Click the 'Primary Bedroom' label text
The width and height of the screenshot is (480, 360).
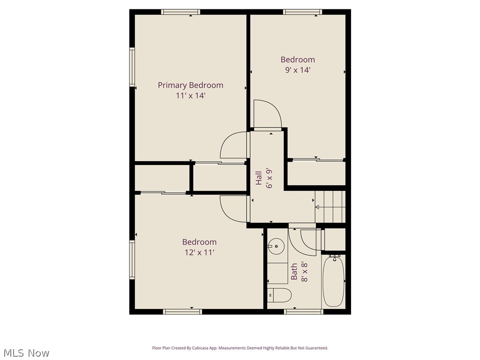point(190,85)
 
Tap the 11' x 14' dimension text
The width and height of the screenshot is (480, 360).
point(190,95)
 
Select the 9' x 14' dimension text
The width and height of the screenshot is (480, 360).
point(298,70)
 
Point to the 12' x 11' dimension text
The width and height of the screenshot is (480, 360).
point(199,252)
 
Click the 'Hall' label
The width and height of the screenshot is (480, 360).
point(259,178)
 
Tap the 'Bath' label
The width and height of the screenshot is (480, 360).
point(294,271)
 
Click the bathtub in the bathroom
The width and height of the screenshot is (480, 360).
point(333,281)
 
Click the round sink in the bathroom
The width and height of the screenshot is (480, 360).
point(276,245)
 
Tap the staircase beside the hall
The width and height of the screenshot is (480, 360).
point(330,207)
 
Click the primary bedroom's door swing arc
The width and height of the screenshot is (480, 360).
point(234,145)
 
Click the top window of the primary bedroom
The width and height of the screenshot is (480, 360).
point(180,12)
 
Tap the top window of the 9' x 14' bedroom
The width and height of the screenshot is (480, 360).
point(302,12)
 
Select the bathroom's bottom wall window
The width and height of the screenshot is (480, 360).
point(304,311)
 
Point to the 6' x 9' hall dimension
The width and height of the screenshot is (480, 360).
point(269,178)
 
